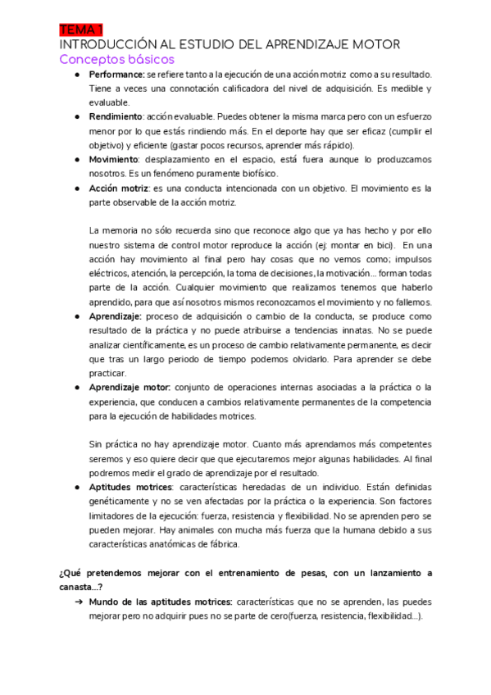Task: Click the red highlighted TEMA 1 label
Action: tap(79, 30)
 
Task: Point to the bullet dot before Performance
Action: tap(75, 75)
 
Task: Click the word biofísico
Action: tap(259, 174)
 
